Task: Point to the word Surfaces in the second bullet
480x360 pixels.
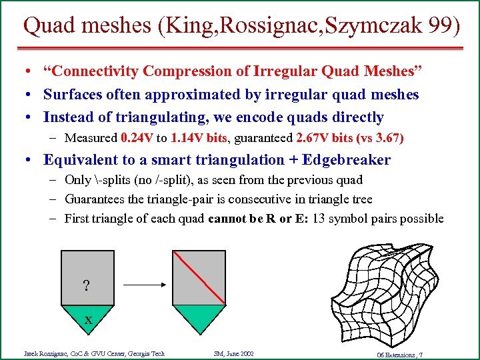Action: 71,95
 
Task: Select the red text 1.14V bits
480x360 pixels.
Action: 199,139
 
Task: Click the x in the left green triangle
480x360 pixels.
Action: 88,321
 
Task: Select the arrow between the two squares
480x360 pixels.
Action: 145,285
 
